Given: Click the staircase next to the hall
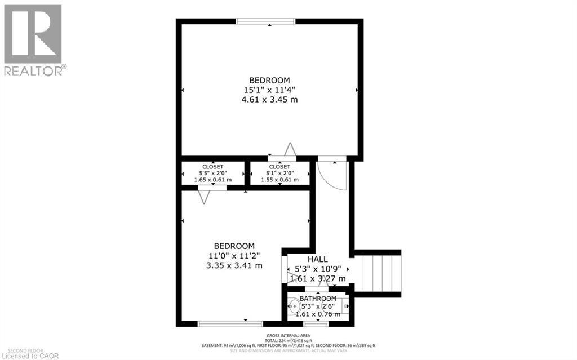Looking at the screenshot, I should pyautogui.click(x=381, y=273).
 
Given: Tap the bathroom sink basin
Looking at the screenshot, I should pyautogui.click(x=295, y=308).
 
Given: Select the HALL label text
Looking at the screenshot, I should pyautogui.click(x=317, y=259).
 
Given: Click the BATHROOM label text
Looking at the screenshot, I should pyautogui.click(x=318, y=298).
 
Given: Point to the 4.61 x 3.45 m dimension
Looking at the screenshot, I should pyautogui.click(x=269, y=99).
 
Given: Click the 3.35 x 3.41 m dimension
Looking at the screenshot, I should pyautogui.click(x=234, y=265).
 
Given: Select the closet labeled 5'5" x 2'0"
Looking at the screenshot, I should pyautogui.click(x=212, y=173).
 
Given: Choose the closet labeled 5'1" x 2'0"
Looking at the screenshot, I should pyautogui.click(x=279, y=173).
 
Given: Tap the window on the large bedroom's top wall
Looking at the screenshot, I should pyautogui.click(x=266, y=22).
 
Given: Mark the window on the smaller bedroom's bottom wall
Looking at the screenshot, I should pyautogui.click(x=222, y=323).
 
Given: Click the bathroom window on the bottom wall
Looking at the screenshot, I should pyautogui.click(x=316, y=323).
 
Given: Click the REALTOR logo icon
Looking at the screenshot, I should pyautogui.click(x=33, y=34).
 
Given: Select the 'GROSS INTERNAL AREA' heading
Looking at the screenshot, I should pyautogui.click(x=288, y=335).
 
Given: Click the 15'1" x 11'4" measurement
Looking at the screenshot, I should pyautogui.click(x=269, y=90).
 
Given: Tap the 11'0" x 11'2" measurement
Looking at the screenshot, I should pyautogui.click(x=234, y=256).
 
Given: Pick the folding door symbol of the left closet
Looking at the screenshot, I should pyautogui.click(x=204, y=195).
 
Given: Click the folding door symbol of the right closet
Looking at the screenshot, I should pyautogui.click(x=290, y=149).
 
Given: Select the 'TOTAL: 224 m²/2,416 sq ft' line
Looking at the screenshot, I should pyautogui.click(x=288, y=340).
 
